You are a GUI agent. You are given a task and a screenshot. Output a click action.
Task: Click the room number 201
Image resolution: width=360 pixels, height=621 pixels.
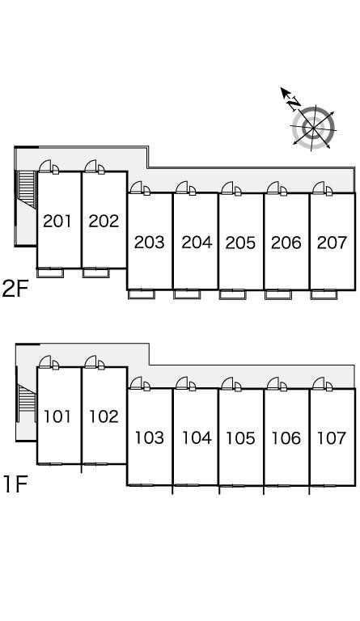click(57, 221)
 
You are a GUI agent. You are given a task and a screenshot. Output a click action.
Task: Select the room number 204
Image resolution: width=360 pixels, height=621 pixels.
click(197, 243)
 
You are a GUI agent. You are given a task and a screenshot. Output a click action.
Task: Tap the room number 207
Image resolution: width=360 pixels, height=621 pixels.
click(332, 243)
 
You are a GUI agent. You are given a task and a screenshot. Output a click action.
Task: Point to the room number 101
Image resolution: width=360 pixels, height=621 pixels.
click(57, 416)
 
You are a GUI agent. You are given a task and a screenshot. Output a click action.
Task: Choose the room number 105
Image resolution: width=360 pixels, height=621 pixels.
click(240, 438)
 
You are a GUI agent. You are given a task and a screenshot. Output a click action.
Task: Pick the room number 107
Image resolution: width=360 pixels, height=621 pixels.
click(332, 438)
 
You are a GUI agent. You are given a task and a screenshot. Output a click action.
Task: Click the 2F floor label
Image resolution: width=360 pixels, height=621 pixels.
click(15, 289)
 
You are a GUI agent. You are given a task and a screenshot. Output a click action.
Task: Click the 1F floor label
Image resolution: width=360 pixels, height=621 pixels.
click(15, 484)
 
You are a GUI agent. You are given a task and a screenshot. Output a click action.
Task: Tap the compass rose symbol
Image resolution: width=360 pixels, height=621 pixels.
click(313, 128)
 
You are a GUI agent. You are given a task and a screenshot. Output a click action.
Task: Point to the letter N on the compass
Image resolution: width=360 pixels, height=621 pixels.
click(294, 103)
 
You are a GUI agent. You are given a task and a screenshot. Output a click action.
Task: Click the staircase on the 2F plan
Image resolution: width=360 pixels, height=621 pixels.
click(27, 189)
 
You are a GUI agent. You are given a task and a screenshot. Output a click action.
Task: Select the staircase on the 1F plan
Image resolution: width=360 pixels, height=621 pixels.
click(26, 401)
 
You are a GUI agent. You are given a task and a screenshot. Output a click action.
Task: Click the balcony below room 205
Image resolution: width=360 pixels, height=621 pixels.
click(232, 294)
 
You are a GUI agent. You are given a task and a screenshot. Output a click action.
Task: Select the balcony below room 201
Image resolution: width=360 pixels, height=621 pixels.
click(50, 272)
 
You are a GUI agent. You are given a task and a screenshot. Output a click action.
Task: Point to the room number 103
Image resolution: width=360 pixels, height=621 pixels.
click(150, 438)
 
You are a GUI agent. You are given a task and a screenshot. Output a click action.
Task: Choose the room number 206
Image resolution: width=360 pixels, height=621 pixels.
click(286, 243)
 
